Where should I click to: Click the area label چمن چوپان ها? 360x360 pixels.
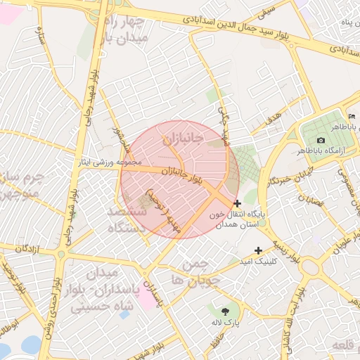point(191,272)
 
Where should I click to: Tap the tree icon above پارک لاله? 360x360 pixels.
point(225,311)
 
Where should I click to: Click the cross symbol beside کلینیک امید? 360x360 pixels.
point(258,250)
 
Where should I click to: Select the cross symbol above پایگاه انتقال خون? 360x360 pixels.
point(237,203)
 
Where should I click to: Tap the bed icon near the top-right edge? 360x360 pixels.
point(352,116)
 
